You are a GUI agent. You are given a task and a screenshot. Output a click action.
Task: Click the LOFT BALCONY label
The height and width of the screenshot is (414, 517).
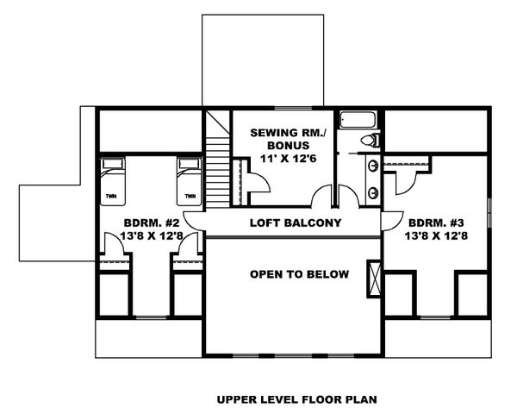tap(296, 223)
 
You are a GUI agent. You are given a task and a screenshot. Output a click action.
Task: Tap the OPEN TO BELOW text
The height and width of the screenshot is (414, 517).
tap(299, 275)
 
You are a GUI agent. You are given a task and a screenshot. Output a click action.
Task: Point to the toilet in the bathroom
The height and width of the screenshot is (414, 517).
tap(371, 141)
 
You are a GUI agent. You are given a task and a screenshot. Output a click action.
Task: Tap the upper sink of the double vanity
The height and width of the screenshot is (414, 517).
tap(372, 166)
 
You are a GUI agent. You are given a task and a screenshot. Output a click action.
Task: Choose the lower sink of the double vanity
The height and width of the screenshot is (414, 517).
tap(372, 192)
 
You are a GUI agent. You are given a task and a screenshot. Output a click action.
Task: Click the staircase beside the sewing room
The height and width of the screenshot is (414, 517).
tap(219, 164)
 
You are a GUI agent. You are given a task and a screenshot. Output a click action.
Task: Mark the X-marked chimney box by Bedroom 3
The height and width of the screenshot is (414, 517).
tap(373, 278)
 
